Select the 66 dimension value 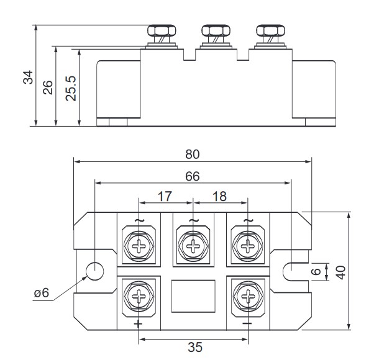tap(193, 176)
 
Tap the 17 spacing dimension tap(164, 197)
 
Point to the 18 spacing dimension tap(219, 197)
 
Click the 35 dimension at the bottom tap(195, 348)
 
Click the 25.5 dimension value tap(71, 88)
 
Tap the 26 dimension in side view tap(48, 86)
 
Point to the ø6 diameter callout tap(41, 292)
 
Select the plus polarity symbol tap(137, 324)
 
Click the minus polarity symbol tap(247, 324)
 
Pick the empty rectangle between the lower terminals tap(193, 296)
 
